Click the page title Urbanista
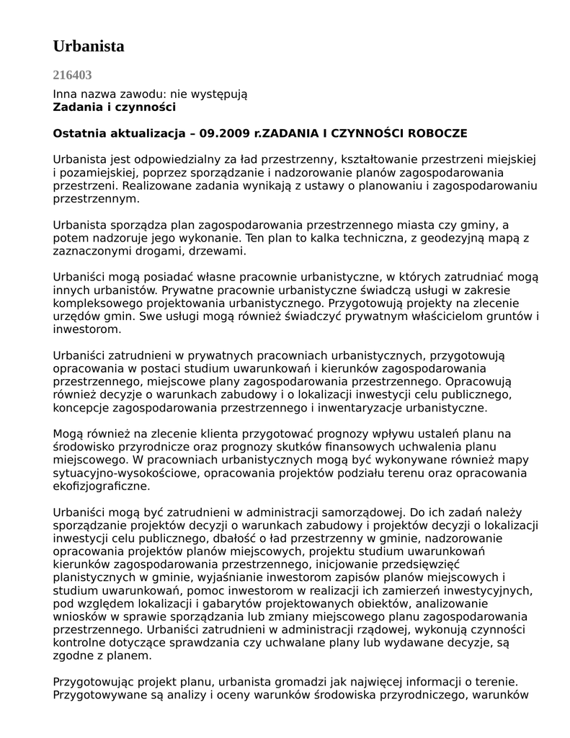pos(89,46)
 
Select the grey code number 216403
pos(72,74)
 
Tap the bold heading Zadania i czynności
pos(115,107)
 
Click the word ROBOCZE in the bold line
pos(436,134)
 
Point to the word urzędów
pos(76,316)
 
